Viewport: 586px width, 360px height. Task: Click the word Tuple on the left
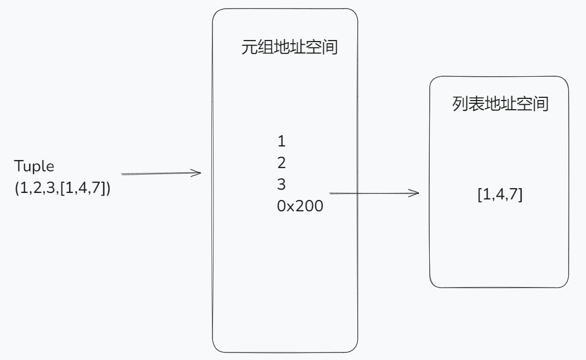35,166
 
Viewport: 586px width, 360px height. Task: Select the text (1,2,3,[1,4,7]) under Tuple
63,190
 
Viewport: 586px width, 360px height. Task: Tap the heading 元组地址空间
289,48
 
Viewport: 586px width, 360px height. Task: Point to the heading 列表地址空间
500,104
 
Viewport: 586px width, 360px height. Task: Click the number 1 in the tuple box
281,142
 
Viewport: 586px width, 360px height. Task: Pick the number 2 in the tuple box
281,163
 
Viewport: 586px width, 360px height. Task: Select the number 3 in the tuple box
281,184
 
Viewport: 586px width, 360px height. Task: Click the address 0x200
300,205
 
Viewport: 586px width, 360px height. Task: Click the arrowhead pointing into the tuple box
197,174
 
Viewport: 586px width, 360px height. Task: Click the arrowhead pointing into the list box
415,193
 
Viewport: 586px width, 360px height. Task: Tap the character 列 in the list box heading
460,104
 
